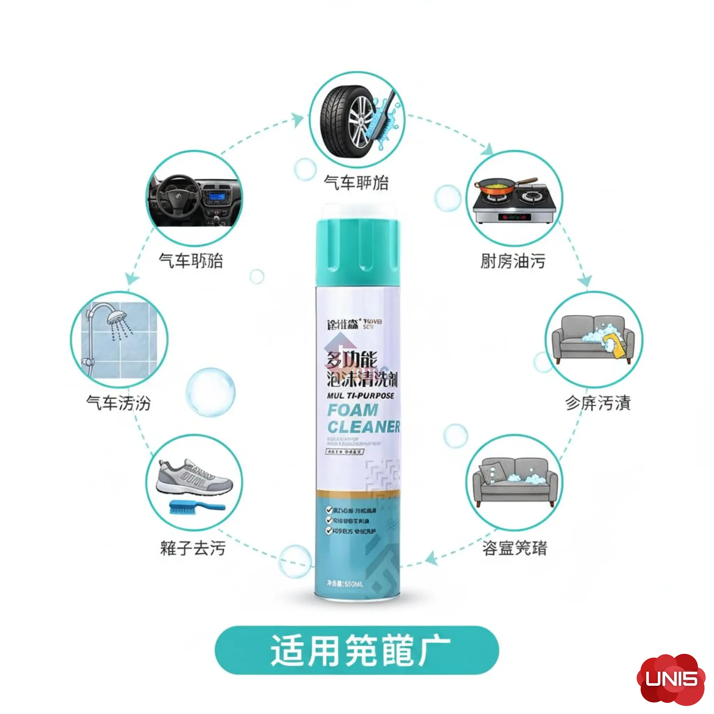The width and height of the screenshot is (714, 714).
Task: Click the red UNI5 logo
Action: point(671,678)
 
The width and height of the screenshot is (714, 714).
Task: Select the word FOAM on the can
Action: point(353,410)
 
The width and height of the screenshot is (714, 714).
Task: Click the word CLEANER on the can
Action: point(363,427)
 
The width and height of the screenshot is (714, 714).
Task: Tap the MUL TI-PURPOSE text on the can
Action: point(360,396)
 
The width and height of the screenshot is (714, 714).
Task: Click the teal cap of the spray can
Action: point(358,251)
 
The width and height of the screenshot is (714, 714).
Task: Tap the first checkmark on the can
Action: point(328,511)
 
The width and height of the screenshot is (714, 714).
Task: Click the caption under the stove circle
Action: point(513,261)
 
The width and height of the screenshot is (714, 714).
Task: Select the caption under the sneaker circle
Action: point(192,548)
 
